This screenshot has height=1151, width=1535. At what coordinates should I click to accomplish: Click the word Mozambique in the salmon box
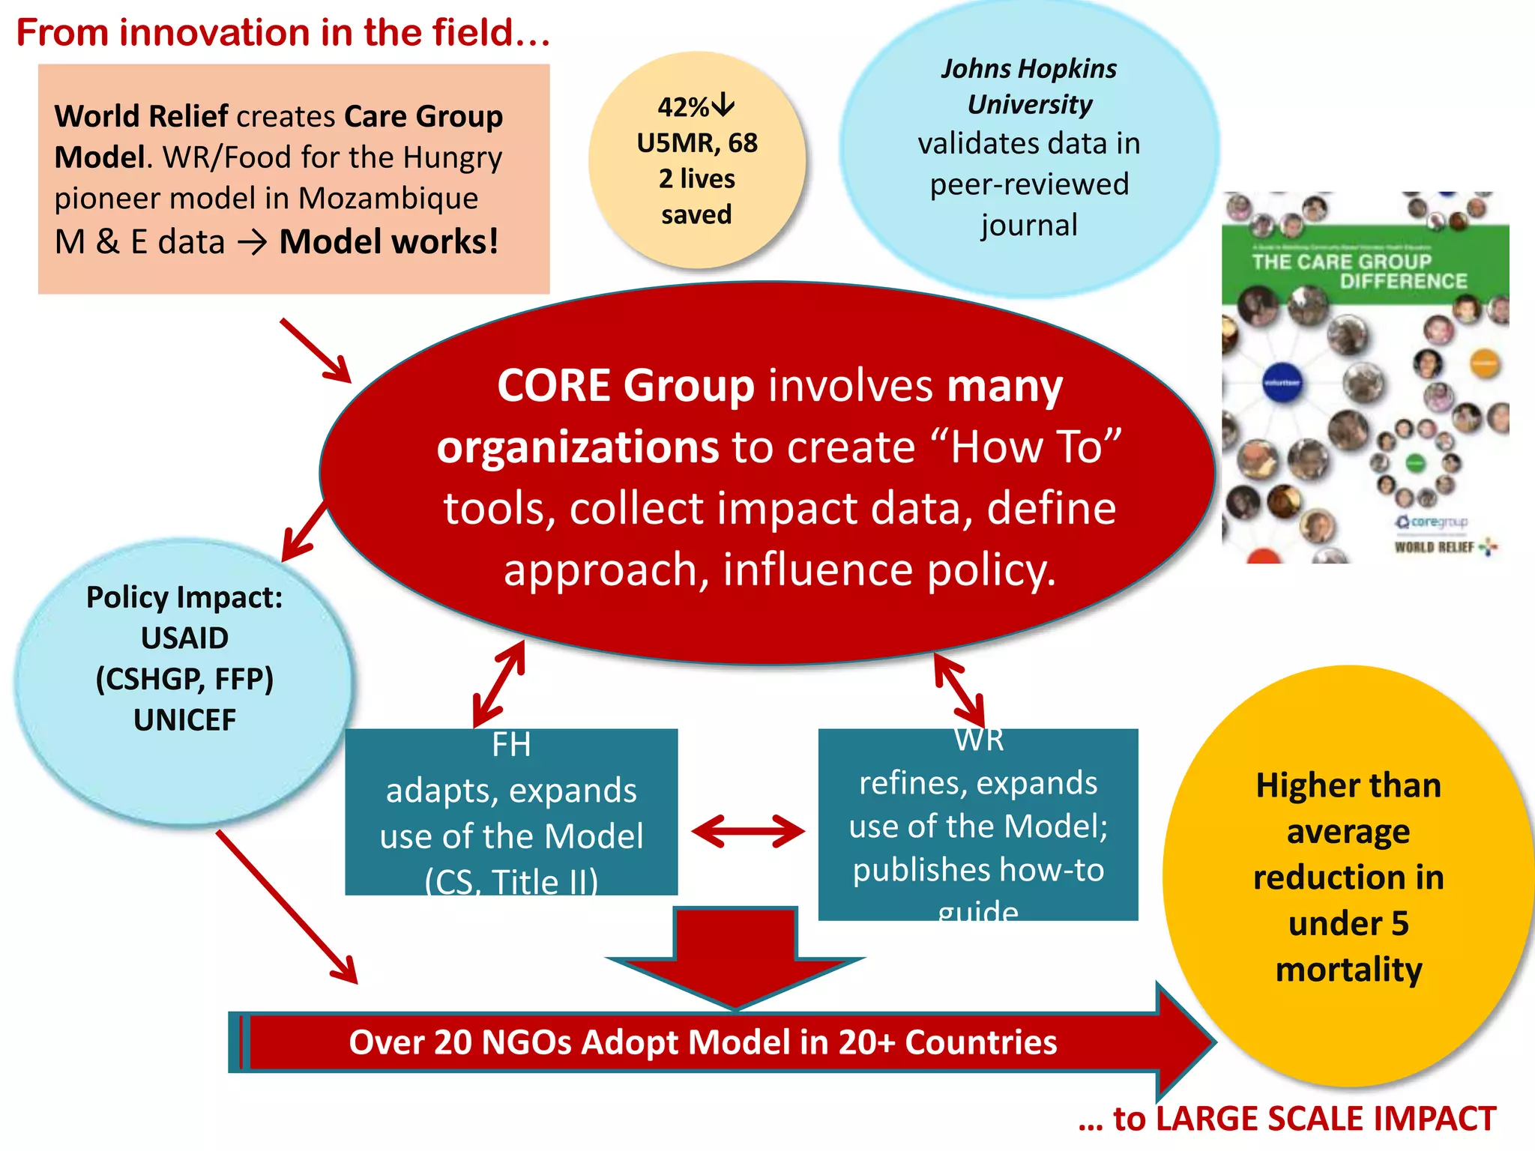(388, 199)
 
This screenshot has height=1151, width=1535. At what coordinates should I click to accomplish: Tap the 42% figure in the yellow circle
(683, 107)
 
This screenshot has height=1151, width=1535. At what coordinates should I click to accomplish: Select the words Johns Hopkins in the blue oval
(1028, 69)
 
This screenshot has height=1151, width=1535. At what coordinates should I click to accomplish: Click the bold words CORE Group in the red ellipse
(625, 386)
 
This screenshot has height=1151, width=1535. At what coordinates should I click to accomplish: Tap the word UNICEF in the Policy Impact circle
(184, 720)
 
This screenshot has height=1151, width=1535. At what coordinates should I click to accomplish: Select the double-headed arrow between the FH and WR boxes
(747, 831)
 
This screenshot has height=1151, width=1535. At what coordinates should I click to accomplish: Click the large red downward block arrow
(735, 955)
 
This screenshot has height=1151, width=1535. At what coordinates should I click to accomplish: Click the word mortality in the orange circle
(1348, 970)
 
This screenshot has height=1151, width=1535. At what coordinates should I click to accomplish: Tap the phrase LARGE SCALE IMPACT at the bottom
(1326, 1119)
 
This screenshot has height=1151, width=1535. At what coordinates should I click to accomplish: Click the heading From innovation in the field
(283, 33)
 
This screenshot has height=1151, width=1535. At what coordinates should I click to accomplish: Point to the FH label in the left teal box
(511, 745)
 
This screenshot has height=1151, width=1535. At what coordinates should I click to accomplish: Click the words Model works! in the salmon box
(388, 242)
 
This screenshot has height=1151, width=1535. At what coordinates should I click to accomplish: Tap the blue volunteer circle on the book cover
(1282, 382)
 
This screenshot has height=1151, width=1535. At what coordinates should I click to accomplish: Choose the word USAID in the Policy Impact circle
(184, 638)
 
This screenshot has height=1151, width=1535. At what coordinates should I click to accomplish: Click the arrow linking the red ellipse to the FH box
(499, 684)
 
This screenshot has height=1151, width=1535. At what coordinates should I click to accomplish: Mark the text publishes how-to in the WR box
(978, 870)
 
